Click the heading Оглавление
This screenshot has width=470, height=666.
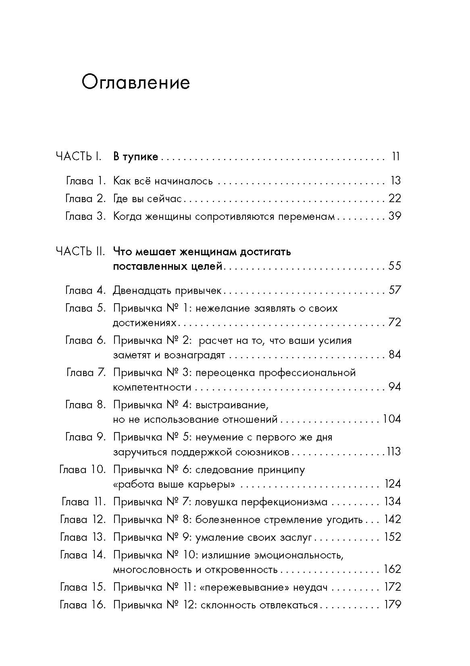(135, 83)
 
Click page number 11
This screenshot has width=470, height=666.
(395, 157)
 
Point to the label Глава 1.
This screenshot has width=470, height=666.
(85, 181)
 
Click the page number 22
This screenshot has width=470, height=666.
(394, 199)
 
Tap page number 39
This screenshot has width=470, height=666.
(394, 216)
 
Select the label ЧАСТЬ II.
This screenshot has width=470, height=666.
(80, 252)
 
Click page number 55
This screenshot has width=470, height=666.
(394, 266)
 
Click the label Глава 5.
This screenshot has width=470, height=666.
(85, 308)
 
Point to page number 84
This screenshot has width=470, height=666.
(394, 355)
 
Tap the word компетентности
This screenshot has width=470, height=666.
(152, 387)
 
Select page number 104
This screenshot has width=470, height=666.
(391, 419)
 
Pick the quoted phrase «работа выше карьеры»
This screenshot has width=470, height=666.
(175, 484)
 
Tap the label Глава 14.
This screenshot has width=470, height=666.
(82, 555)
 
